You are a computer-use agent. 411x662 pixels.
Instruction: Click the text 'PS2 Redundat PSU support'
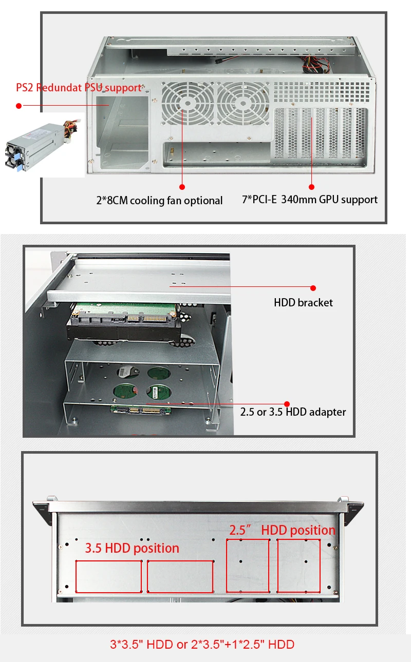78,88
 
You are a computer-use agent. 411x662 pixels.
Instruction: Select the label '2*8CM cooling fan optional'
159,201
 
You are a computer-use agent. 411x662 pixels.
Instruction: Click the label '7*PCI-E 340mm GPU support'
310,200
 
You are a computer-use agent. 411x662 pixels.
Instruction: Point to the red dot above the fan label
182,187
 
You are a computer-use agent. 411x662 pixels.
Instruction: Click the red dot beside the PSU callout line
18,106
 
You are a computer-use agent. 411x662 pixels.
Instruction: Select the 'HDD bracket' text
303,303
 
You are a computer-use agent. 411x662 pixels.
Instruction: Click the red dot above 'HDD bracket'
313,288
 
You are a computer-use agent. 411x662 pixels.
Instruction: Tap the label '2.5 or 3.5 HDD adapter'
293,412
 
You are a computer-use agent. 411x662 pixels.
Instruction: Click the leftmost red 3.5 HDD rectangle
108,576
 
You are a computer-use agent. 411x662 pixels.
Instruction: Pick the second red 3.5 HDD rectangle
180,576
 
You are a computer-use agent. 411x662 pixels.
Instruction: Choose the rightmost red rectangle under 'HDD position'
298,566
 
